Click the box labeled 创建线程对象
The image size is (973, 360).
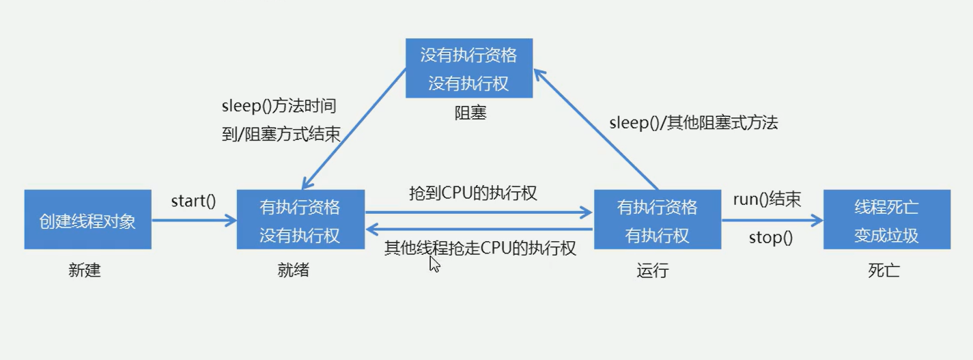(x=87, y=219)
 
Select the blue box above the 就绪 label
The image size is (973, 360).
(x=300, y=219)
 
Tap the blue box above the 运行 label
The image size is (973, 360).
(x=657, y=219)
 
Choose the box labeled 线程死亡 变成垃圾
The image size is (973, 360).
(x=886, y=219)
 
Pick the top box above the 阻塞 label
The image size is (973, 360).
(x=468, y=68)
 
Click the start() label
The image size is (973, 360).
(x=193, y=201)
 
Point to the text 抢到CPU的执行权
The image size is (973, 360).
(x=473, y=193)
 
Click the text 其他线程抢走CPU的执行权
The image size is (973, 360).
(x=480, y=248)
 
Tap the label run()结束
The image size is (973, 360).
(x=767, y=199)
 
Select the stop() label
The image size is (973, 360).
(x=770, y=238)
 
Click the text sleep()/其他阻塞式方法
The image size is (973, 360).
(x=693, y=123)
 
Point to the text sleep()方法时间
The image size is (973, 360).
(x=279, y=106)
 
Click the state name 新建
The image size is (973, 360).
(x=85, y=270)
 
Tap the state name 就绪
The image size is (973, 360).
(x=294, y=270)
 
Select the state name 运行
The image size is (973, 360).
(x=652, y=271)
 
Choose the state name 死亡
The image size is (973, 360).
(x=884, y=271)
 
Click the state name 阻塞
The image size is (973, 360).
(x=470, y=113)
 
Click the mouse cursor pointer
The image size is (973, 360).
(x=434, y=264)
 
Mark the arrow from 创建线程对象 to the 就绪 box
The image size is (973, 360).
(x=194, y=220)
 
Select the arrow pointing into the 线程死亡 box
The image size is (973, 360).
(x=772, y=220)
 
